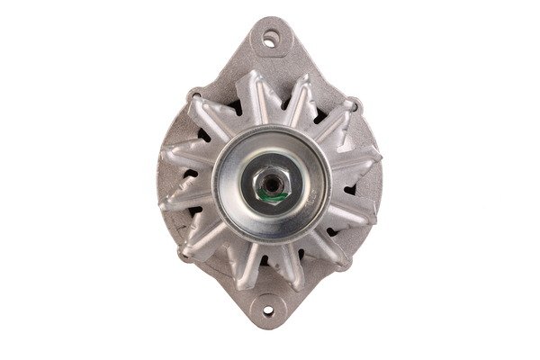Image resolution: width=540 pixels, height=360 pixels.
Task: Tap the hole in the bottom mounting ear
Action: [271, 312]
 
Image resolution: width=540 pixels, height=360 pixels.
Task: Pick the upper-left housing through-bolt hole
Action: [196, 94]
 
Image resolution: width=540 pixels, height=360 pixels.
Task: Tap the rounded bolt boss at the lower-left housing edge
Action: [185, 255]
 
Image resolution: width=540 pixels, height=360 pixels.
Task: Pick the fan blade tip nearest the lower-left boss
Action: [200, 239]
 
